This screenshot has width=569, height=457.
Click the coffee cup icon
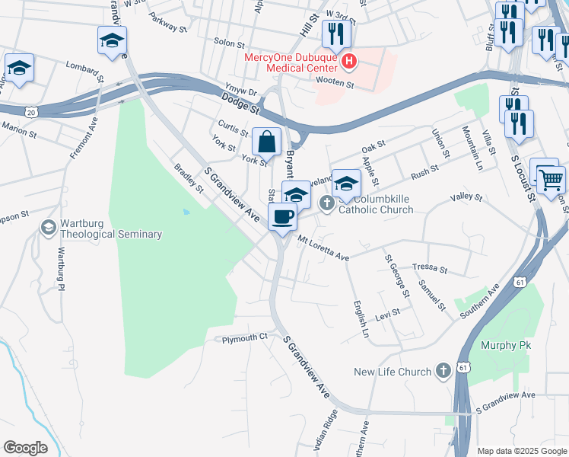[x=282, y=217]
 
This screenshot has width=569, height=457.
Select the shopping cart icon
[x=552, y=180]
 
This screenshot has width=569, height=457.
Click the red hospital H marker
[x=348, y=61]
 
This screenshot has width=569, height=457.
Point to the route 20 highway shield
[x=30, y=112]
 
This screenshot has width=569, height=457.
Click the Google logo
[x=25, y=448]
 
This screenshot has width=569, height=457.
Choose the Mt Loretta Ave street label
[x=323, y=250]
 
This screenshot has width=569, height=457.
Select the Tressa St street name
[x=431, y=269]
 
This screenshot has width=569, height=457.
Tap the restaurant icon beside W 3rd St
[x=334, y=34]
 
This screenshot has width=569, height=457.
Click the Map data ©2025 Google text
[x=521, y=451]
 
